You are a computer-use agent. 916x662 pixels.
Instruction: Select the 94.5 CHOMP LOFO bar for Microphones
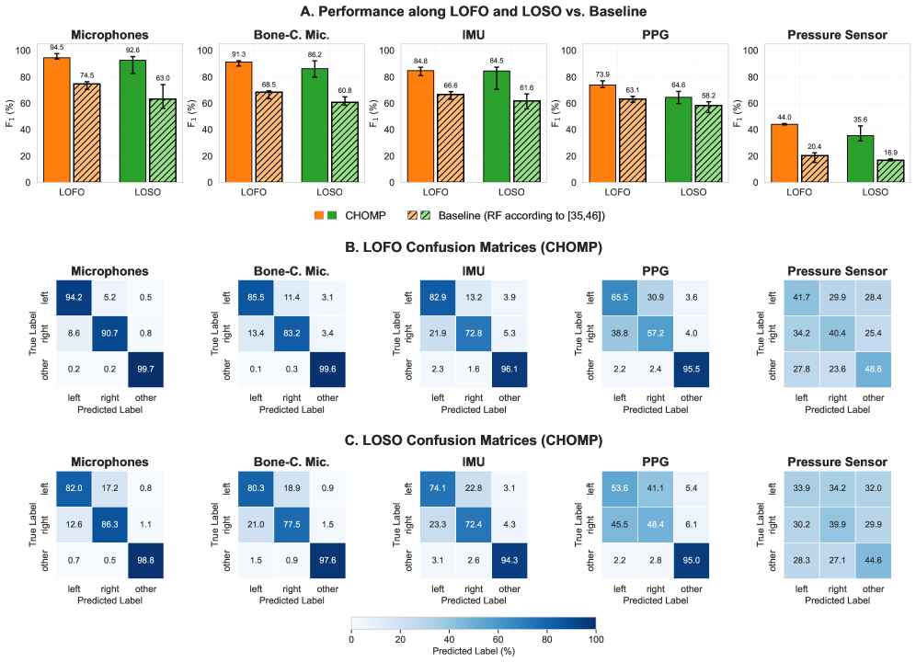(56, 120)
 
